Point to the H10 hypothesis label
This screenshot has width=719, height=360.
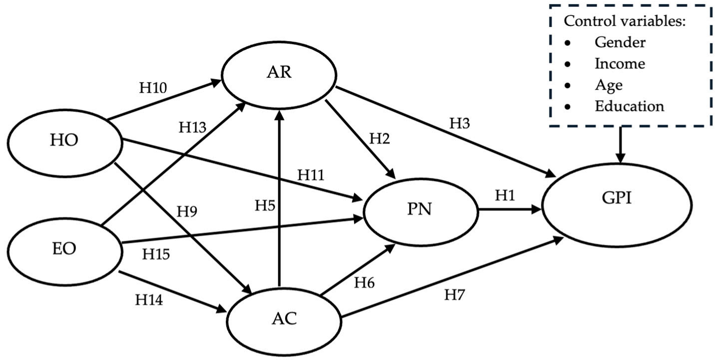[153, 88]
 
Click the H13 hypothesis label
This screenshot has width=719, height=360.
[192, 127]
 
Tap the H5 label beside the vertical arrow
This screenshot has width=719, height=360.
[265, 205]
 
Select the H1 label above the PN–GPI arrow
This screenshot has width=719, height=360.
[505, 195]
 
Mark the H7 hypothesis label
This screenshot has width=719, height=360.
[455, 295]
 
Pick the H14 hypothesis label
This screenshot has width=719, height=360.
[149, 300]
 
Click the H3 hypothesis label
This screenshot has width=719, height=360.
[459, 123]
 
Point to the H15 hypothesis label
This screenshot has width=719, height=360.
[156, 254]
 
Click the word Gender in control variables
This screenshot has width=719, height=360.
[620, 42]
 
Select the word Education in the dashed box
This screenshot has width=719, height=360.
[629, 106]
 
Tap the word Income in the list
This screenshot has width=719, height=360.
[620, 63]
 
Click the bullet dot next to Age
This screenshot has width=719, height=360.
[567, 86]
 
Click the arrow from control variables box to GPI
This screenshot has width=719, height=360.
[620, 145]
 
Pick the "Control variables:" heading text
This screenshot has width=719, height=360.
[625, 21]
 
